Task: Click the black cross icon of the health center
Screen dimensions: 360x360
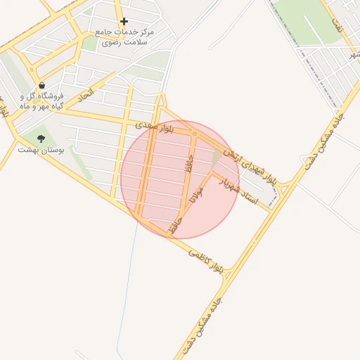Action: pos(124,22)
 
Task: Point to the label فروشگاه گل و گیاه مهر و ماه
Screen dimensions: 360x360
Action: pos(42,101)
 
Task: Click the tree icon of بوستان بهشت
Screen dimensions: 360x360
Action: pos(41,139)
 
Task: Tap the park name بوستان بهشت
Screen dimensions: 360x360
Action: pos(41,149)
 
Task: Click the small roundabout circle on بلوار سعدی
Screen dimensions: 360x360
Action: pos(194,133)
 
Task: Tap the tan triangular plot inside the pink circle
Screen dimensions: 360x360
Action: pos(218,161)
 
